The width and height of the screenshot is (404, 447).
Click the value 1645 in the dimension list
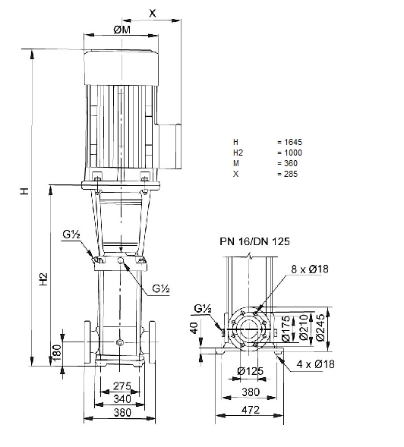point(293,142)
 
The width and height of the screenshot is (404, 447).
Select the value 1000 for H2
point(293,153)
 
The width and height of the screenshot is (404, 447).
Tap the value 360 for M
point(291,163)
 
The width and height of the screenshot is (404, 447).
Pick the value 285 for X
point(291,174)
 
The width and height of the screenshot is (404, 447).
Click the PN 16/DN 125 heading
point(254,241)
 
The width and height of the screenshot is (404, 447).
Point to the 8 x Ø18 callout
point(310,269)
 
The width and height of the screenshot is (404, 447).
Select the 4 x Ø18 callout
point(316,364)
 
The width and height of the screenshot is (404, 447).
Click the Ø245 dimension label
point(320,328)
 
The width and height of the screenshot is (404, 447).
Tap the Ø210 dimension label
point(305,327)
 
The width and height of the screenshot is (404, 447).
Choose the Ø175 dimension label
point(286,329)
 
